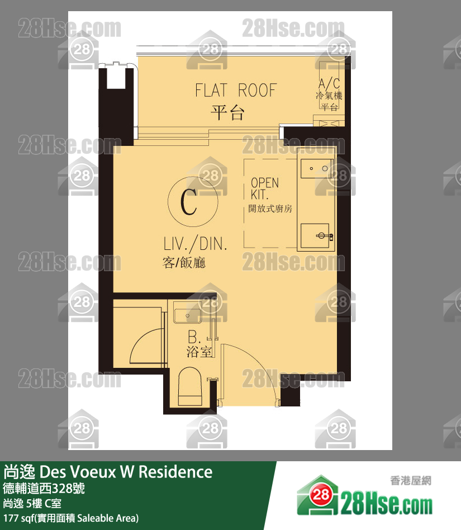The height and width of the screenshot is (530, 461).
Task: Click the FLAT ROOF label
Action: click(x=236, y=90)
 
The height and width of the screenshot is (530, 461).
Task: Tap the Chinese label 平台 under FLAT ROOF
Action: click(x=227, y=112)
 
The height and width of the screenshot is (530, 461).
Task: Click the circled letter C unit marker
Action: click(x=193, y=202)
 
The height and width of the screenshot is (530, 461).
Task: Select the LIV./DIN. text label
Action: click(x=195, y=244)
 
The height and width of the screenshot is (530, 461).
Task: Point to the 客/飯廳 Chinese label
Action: click(x=184, y=263)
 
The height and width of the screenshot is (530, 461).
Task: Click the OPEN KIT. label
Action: click(x=264, y=188)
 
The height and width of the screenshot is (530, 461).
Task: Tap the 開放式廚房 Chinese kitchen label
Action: click(x=270, y=209)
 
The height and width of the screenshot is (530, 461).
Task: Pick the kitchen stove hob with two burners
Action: click(x=317, y=168)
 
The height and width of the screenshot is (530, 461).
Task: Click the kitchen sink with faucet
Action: click(x=316, y=235)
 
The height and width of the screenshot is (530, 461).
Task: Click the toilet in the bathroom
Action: click(x=190, y=387)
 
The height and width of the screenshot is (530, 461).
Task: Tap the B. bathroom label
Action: click(x=194, y=337)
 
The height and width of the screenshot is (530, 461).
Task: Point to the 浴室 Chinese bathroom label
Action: click(x=199, y=352)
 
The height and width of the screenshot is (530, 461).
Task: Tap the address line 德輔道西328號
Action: click(x=44, y=489)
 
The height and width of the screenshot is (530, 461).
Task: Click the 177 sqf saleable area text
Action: click(x=71, y=518)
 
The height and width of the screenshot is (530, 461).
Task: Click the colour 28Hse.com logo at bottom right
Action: click(x=365, y=496)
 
